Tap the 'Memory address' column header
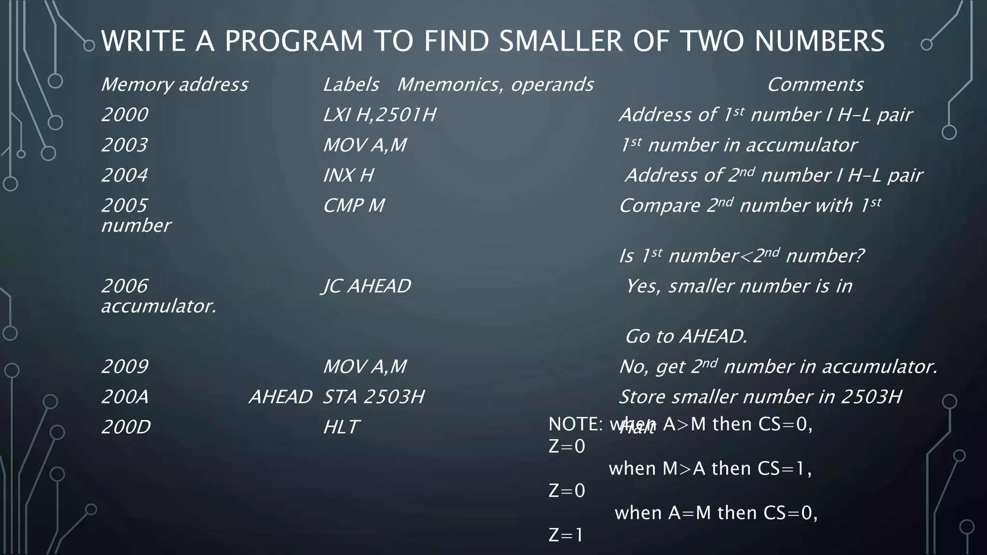coord(174,85)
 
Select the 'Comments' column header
coord(814,85)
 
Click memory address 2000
coord(125,115)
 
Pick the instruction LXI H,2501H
coord(379,115)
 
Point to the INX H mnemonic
coord(348,175)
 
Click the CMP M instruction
coord(354,206)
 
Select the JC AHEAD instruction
coord(366,286)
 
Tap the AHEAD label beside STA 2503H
coord(280,397)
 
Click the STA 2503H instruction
coord(373,397)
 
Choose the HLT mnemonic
coord(341,427)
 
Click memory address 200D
coord(126,427)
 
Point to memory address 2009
coord(125,367)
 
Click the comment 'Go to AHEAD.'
coord(686,336)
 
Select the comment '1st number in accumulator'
coord(738,145)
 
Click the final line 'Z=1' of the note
coord(566,535)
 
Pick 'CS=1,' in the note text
coord(785,468)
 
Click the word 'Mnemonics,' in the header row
coord(451,85)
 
